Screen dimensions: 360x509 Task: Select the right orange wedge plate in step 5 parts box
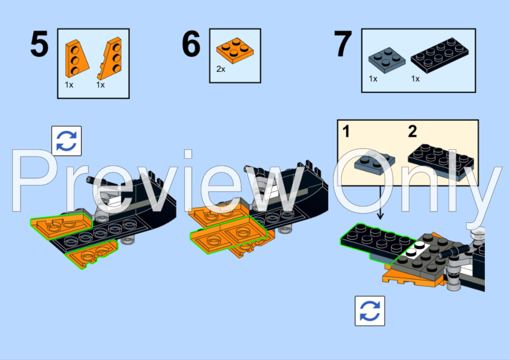pyautogui.click(x=111, y=59)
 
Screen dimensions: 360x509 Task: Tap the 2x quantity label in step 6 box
pyautogui.click(x=221, y=69)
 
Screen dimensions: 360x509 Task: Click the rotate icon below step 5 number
pyautogui.click(x=66, y=141)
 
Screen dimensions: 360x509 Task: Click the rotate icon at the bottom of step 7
pyautogui.click(x=369, y=310)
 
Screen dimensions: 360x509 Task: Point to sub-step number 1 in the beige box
pyautogui.click(x=346, y=131)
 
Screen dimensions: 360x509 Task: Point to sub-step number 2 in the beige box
pyautogui.click(x=412, y=131)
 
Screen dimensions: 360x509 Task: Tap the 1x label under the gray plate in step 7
pyautogui.click(x=373, y=79)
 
